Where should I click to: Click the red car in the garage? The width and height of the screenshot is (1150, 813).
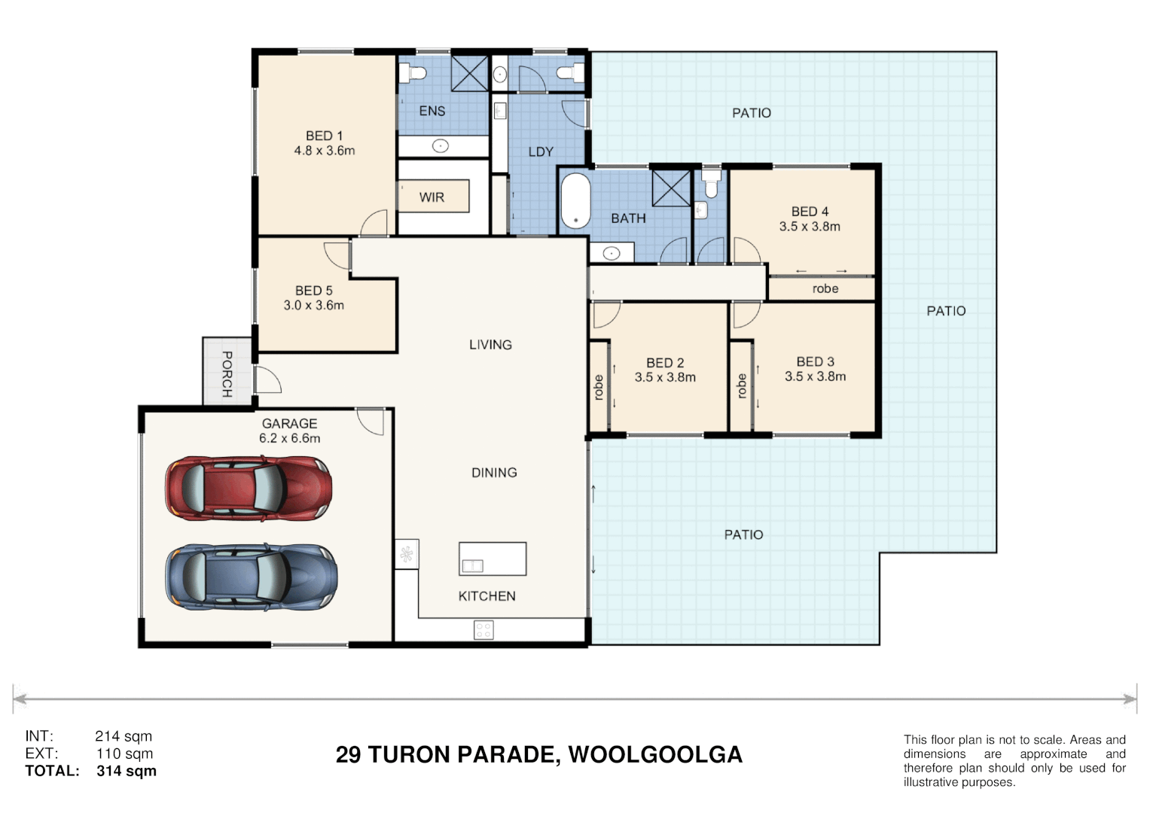point(249,488)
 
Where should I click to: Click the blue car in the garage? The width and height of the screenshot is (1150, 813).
point(251,577)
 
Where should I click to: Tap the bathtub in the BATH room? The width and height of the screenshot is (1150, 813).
point(575,200)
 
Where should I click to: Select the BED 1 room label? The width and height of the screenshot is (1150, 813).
point(324,135)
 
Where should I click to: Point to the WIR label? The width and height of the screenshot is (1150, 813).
point(432,197)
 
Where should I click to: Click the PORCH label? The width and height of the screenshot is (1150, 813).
point(227,374)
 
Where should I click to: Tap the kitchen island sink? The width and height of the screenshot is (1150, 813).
point(472,565)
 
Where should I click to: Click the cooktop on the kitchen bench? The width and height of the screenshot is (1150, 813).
point(483,630)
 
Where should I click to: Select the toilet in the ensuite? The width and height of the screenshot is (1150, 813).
point(413,73)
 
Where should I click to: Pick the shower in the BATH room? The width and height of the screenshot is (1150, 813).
point(671,188)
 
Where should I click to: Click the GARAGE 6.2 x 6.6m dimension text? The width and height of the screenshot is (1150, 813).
point(289,438)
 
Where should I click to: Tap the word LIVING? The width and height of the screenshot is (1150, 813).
point(490,345)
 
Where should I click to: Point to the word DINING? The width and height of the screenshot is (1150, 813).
point(494,472)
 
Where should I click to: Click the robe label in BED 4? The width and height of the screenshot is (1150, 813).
point(825,288)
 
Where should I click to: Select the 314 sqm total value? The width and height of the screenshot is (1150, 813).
point(127,770)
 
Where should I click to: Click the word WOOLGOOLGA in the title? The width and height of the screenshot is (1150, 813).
point(655,754)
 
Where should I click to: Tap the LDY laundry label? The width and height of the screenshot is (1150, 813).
point(541,151)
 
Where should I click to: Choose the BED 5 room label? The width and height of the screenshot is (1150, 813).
point(314,291)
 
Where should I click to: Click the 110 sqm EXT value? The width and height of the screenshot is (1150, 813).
point(125,754)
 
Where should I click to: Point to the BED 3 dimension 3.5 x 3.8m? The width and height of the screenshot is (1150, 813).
point(816,376)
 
